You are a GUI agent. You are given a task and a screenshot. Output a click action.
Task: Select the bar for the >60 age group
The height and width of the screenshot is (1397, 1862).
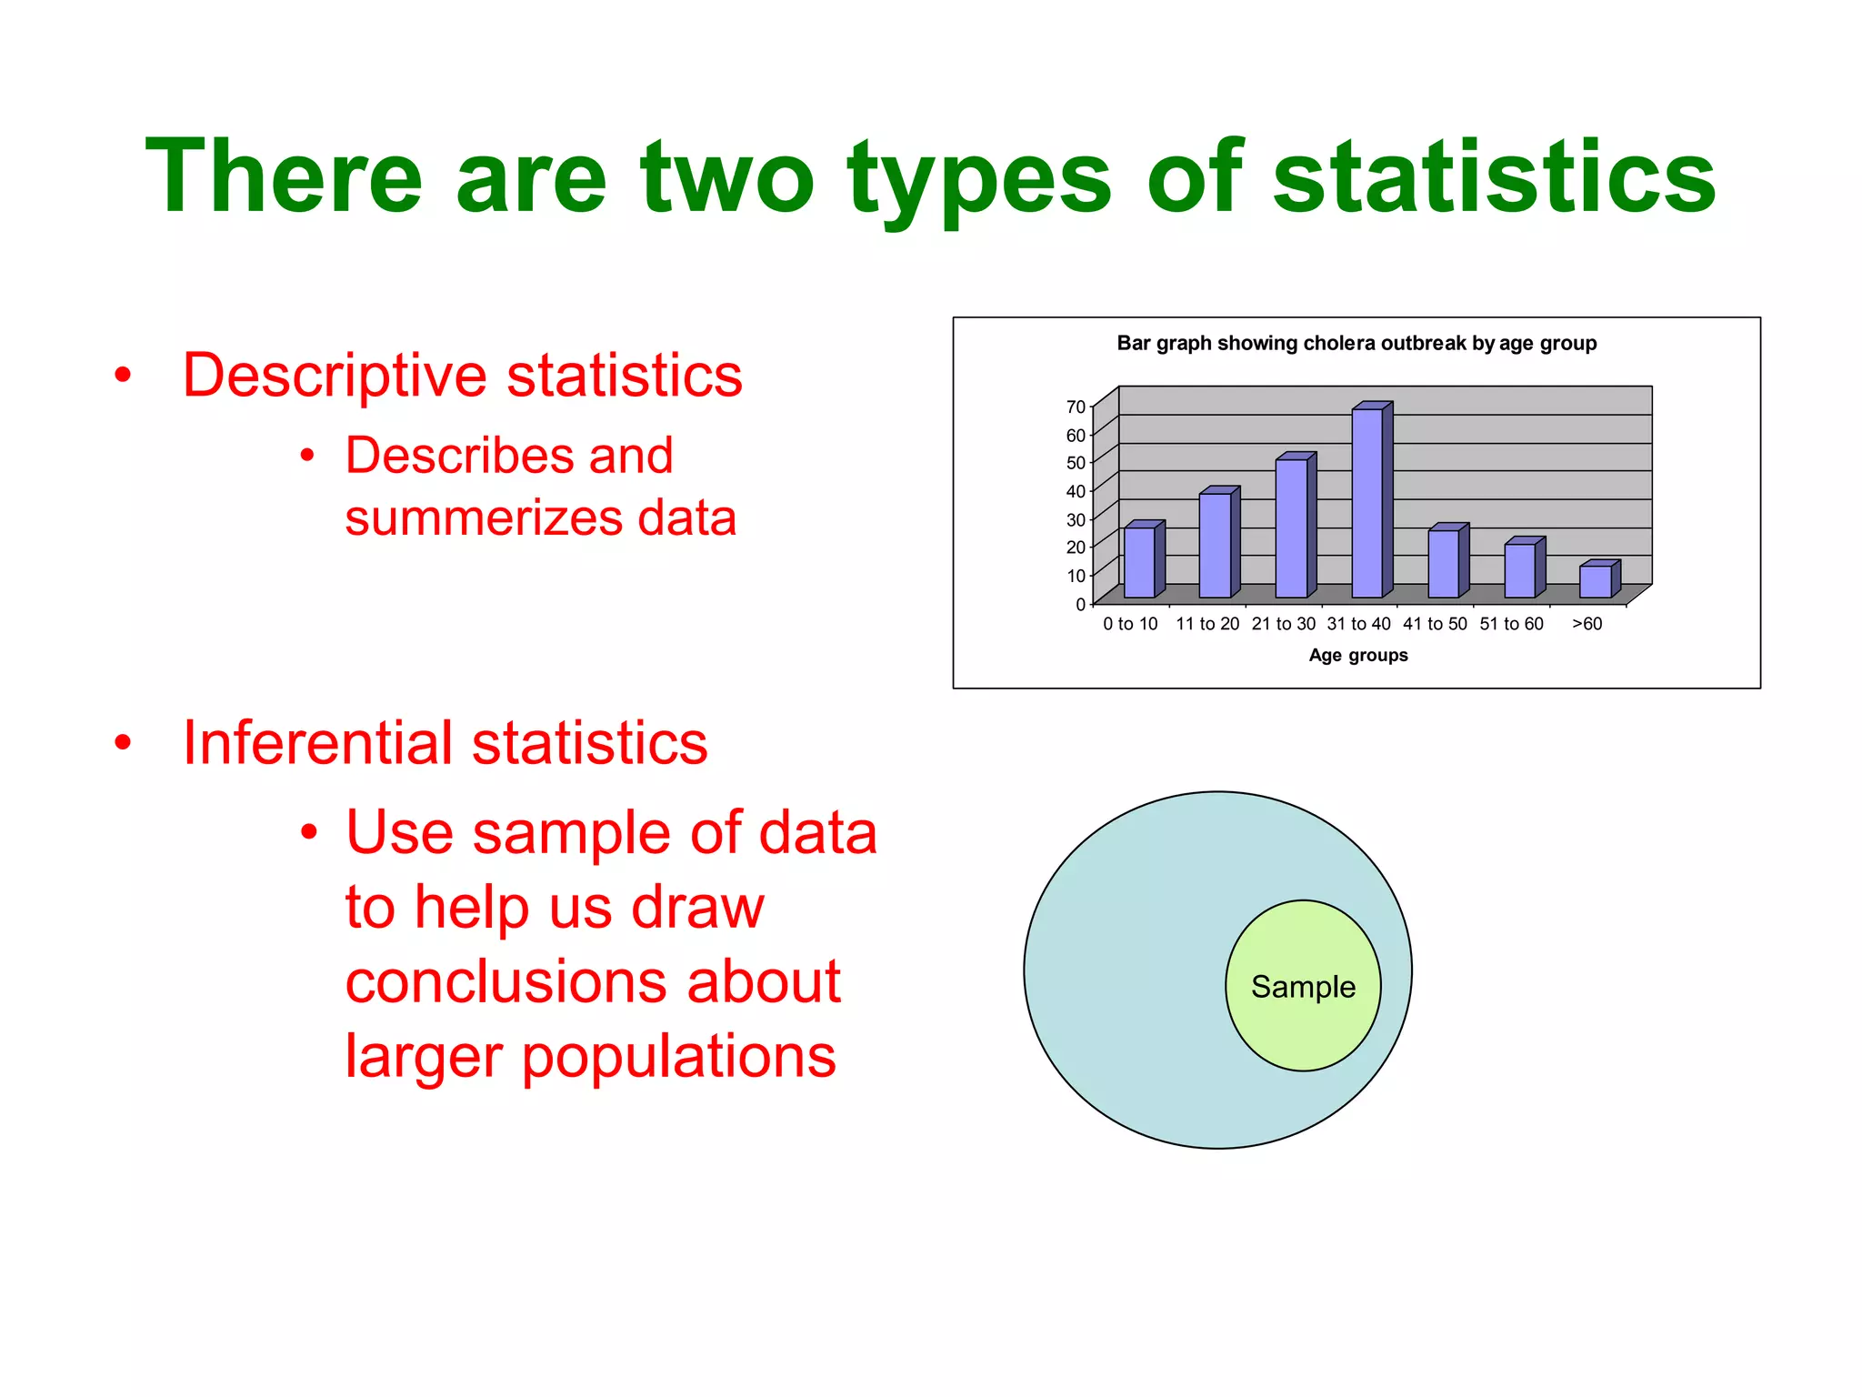pyautogui.click(x=1595, y=581)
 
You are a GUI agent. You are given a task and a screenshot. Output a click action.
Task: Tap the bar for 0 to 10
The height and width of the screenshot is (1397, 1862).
pyautogui.click(x=1139, y=562)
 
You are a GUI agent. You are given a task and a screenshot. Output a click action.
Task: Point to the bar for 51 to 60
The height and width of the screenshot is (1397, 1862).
pyautogui.click(x=1519, y=570)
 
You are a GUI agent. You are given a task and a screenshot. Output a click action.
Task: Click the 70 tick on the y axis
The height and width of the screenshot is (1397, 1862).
pyautogui.click(x=1076, y=407)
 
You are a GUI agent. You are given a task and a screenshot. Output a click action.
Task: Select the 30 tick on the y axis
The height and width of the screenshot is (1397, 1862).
pyautogui.click(x=1076, y=520)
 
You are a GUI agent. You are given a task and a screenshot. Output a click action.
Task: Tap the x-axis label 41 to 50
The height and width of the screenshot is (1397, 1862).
pyautogui.click(x=1435, y=624)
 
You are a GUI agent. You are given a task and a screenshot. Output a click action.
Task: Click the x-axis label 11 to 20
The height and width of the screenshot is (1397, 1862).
pyautogui.click(x=1207, y=624)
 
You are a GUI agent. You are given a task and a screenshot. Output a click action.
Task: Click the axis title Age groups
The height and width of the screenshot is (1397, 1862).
pyautogui.click(x=1357, y=656)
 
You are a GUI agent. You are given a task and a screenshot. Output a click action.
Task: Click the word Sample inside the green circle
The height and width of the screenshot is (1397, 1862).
pyautogui.click(x=1303, y=987)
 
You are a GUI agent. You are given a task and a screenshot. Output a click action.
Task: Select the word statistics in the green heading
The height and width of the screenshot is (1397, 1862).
pyautogui.click(x=1494, y=177)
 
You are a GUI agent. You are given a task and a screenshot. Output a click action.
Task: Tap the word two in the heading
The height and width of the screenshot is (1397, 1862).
pyautogui.click(x=727, y=177)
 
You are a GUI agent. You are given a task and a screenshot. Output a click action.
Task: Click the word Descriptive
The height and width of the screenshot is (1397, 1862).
pyautogui.click(x=335, y=376)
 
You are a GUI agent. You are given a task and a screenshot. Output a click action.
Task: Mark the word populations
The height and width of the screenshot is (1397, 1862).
pyautogui.click(x=678, y=1057)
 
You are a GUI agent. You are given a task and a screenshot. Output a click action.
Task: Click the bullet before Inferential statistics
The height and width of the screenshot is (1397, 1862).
pyautogui.click(x=124, y=743)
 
